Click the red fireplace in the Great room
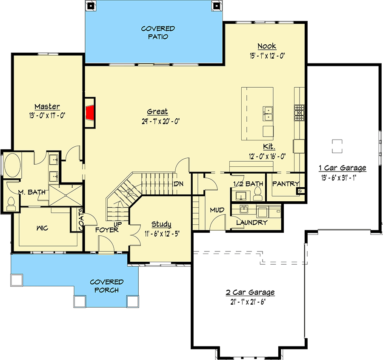90,113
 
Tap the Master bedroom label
47,106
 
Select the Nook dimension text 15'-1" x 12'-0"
267,56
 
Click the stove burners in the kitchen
299,113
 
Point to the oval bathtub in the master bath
12,165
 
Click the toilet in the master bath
11,204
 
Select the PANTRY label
286,183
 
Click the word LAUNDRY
252,222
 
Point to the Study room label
161,224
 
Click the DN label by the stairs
179,184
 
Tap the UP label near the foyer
117,224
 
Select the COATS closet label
81,219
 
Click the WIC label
42,228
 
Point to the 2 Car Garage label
250,292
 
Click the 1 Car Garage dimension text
339,178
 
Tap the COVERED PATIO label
158,32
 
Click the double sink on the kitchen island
268,114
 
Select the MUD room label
217,210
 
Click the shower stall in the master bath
66,195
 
